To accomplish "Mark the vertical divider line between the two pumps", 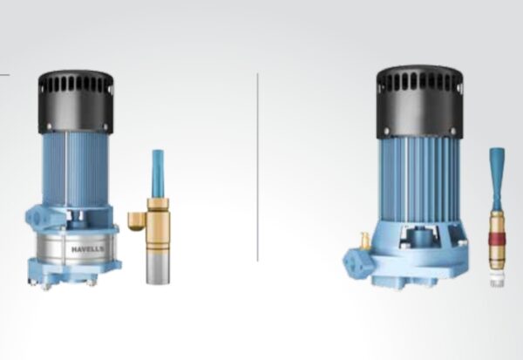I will click(258, 166).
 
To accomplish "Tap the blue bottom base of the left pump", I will click(74, 277).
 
